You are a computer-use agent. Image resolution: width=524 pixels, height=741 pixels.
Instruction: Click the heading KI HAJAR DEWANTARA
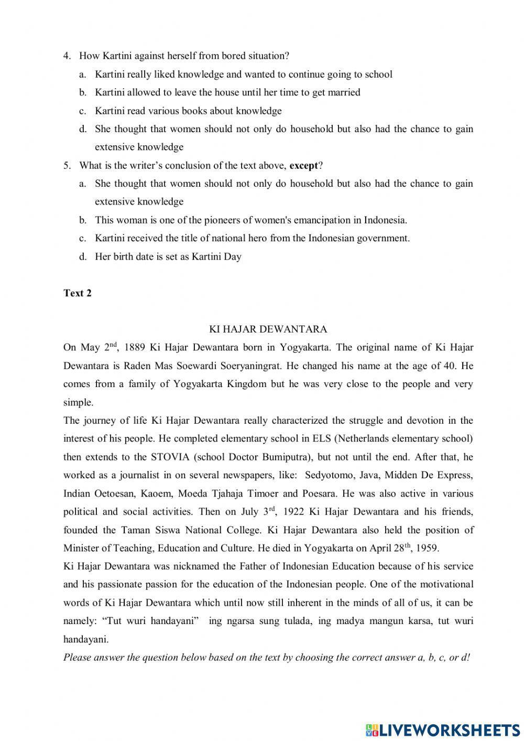point(268,329)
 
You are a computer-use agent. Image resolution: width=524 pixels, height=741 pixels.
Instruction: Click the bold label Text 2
point(78,293)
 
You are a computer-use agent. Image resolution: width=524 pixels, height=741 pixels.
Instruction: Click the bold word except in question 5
point(303,166)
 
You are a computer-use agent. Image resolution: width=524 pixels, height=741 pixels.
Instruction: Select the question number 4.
point(67,56)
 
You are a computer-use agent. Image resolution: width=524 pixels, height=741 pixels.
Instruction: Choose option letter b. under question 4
point(82,93)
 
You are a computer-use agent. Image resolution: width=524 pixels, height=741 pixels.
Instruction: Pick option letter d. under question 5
point(82,257)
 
